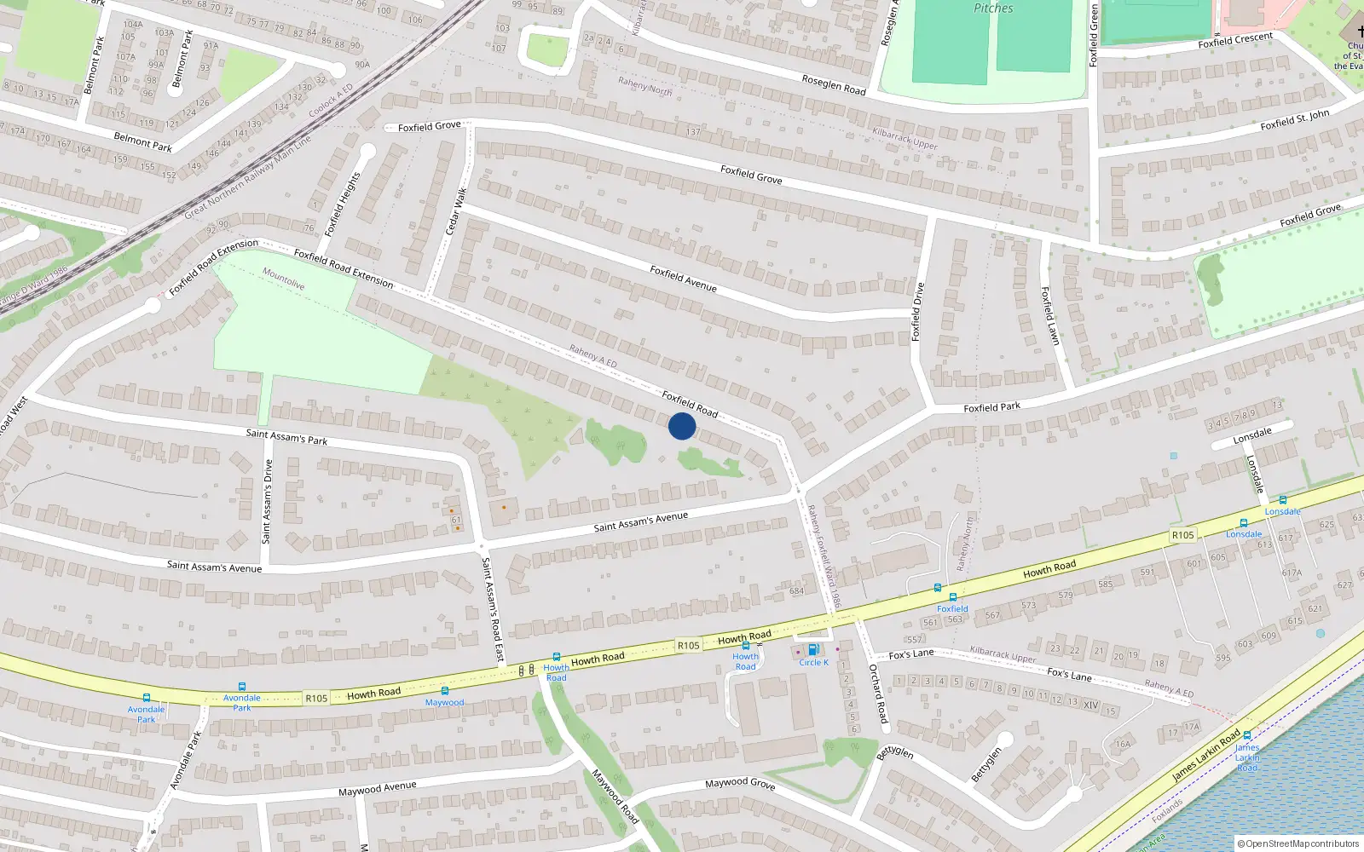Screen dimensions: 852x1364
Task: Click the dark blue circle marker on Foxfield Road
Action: click(x=682, y=426)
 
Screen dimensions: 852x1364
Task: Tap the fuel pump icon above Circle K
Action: click(x=813, y=650)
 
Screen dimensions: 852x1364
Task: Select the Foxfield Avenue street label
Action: click(x=683, y=279)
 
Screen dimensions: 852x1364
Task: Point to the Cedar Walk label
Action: click(x=456, y=211)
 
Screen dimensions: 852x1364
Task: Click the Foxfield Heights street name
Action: click(x=343, y=204)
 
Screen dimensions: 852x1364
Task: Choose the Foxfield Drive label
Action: click(x=917, y=311)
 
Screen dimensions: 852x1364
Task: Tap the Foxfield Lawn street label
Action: click(x=1049, y=315)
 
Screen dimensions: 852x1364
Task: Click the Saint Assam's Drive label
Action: click(x=267, y=501)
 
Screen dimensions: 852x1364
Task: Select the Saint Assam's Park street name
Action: click(x=286, y=437)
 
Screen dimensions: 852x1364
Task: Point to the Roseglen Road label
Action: click(x=833, y=84)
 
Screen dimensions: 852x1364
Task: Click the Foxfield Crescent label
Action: click(x=1234, y=40)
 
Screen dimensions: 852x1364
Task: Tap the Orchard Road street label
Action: click(x=878, y=694)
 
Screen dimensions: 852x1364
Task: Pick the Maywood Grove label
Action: click(x=740, y=783)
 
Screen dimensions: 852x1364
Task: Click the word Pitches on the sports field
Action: click(x=993, y=9)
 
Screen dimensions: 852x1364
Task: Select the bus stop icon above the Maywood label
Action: click(x=444, y=691)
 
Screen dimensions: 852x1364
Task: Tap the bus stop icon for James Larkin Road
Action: click(x=1247, y=735)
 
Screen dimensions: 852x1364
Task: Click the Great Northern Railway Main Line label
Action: click(x=247, y=177)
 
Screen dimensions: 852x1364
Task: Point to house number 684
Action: click(x=796, y=590)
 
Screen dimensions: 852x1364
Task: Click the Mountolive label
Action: click(x=283, y=279)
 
